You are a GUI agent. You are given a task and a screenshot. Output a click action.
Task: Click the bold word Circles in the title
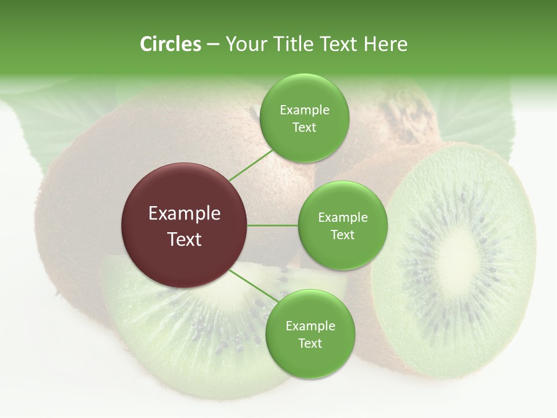pyautogui.click(x=171, y=44)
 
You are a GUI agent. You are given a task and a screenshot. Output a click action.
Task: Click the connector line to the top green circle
pyautogui.click(x=251, y=165)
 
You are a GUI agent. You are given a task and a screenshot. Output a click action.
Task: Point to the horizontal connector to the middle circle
pyautogui.click(x=273, y=225)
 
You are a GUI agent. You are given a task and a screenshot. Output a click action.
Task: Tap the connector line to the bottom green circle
pyautogui.click(x=254, y=286)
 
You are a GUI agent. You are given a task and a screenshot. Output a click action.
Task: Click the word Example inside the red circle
pyautogui.click(x=185, y=214)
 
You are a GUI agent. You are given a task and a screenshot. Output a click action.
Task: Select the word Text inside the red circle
pyautogui.click(x=185, y=239)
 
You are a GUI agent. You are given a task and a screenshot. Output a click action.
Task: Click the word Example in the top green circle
pyautogui.click(x=304, y=110)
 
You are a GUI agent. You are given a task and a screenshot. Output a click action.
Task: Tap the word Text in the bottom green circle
pyautogui.click(x=310, y=344)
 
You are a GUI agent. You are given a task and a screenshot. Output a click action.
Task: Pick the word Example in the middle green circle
pyautogui.click(x=342, y=218)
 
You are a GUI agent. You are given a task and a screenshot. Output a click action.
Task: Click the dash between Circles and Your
pyautogui.click(x=213, y=44)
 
